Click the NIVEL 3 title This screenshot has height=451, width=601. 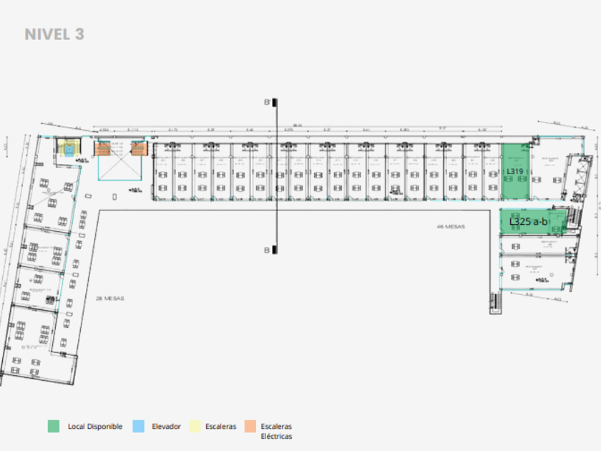[54, 34]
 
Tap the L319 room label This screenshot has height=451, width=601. [514, 172]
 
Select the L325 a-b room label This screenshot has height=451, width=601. [529, 222]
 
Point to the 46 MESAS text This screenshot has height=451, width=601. [451, 226]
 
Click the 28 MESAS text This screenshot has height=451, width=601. [109, 298]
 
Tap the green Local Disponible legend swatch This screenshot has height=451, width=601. [54, 426]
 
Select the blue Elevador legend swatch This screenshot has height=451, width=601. [137, 426]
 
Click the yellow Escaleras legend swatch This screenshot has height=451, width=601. [191, 426]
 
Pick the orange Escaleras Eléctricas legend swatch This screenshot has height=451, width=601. [250, 426]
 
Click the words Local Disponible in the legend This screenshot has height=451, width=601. [95, 427]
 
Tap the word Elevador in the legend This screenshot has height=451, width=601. [166, 427]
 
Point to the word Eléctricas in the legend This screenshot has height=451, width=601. [276, 436]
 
